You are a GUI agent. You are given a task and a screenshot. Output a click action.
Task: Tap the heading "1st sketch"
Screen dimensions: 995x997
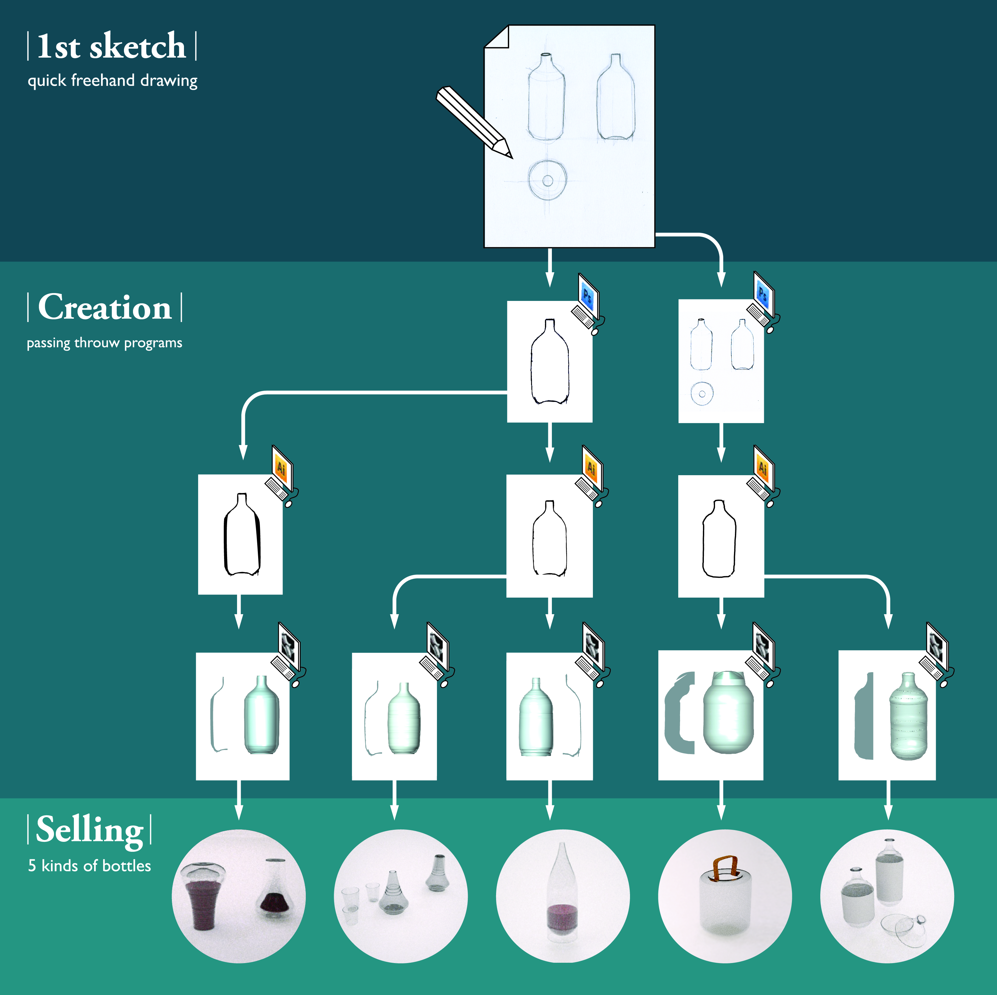click(x=112, y=46)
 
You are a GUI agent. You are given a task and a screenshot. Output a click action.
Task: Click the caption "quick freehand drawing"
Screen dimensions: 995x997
click(x=112, y=81)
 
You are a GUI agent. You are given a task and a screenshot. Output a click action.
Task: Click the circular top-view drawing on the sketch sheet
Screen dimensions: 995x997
click(x=548, y=180)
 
